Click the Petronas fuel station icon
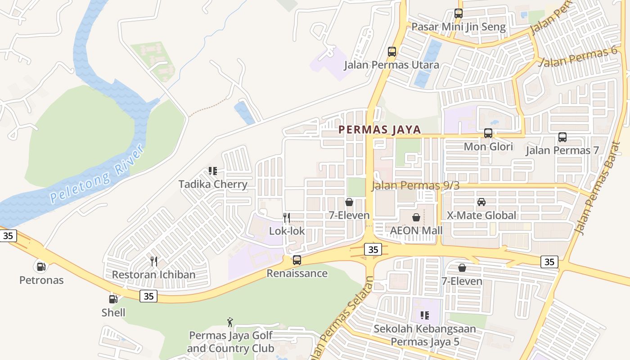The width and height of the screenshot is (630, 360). coord(41,267)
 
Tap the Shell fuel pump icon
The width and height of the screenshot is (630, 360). coord(113,299)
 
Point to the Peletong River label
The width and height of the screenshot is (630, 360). coord(97,173)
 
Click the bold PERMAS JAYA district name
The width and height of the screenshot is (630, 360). coord(379,130)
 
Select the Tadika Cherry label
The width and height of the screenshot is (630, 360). coord(213,184)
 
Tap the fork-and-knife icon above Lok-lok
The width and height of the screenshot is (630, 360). coord(287,218)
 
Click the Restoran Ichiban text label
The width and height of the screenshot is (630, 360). coord(153,274)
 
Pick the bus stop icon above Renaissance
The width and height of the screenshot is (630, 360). coord(297,260)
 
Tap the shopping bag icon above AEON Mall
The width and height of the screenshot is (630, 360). coord(416,218)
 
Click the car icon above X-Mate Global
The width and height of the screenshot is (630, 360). coord(481,202)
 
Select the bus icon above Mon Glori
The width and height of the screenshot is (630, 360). coord(488,133)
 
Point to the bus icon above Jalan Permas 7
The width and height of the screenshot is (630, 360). coord(562,137)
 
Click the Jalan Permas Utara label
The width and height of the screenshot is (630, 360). coord(391,65)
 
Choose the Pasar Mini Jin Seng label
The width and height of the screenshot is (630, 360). coord(459,27)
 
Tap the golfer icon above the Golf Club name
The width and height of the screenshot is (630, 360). coord(230,322)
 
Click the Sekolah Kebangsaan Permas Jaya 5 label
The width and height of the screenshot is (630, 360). coord(425,335)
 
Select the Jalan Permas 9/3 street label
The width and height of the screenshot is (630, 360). coord(415,185)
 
